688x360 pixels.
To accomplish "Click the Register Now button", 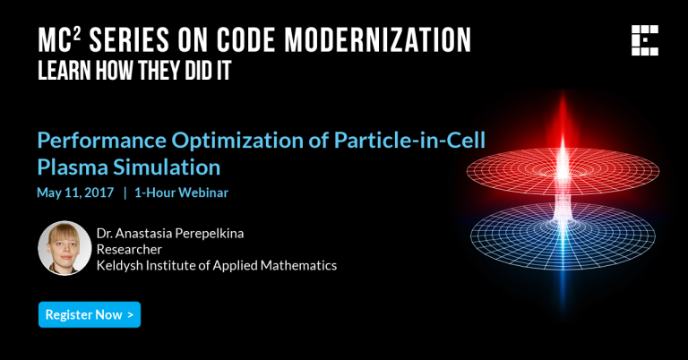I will click(x=90, y=314).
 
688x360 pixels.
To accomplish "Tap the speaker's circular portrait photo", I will click(x=64, y=248).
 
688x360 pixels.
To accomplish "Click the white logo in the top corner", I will click(x=645, y=41).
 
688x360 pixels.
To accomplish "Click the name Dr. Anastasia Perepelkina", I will click(x=170, y=233).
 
